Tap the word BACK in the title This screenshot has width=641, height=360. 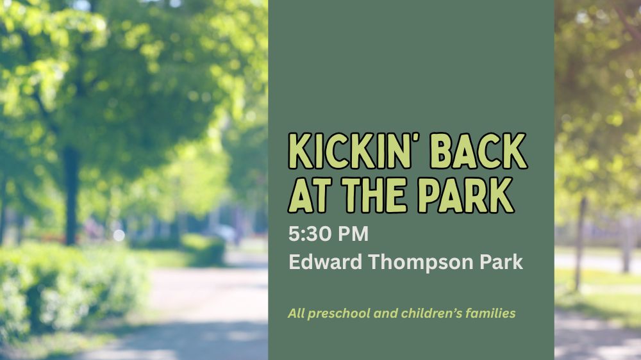coord(478,151)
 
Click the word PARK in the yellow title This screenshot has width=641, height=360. coord(465,195)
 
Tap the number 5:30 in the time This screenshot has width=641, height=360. coord(310,234)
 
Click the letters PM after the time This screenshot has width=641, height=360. coord(353,234)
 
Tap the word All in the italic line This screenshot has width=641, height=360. coord(296,313)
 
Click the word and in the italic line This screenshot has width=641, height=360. coord(386,313)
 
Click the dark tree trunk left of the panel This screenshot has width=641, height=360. coord(71,196)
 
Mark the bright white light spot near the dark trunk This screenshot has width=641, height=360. coord(119,235)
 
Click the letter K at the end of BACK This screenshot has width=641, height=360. coord(513,151)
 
